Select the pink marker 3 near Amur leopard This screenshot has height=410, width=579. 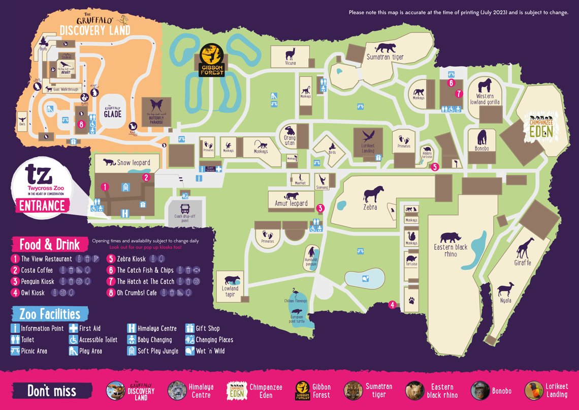coord(320,208)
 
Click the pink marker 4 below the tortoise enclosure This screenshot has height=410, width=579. coord(392,305)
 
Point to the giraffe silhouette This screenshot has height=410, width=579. coord(524,248)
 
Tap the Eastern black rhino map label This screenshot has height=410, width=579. coord(451,250)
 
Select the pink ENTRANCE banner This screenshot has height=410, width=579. coord(43,206)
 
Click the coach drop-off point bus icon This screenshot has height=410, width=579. coord(185,209)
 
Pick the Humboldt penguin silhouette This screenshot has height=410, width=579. coord(311,253)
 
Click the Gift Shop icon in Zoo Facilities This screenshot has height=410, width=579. coord(190,328)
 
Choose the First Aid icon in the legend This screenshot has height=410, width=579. coord(74,328)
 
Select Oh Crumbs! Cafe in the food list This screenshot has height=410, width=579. coord(137,293)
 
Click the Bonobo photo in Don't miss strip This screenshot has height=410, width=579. coord(480,391)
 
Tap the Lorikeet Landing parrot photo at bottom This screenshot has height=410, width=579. coord(534,391)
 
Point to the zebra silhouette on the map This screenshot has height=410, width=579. coord(371,195)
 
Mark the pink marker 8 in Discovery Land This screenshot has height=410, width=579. coord(81,124)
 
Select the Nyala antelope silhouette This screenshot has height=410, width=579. coord(505,290)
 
